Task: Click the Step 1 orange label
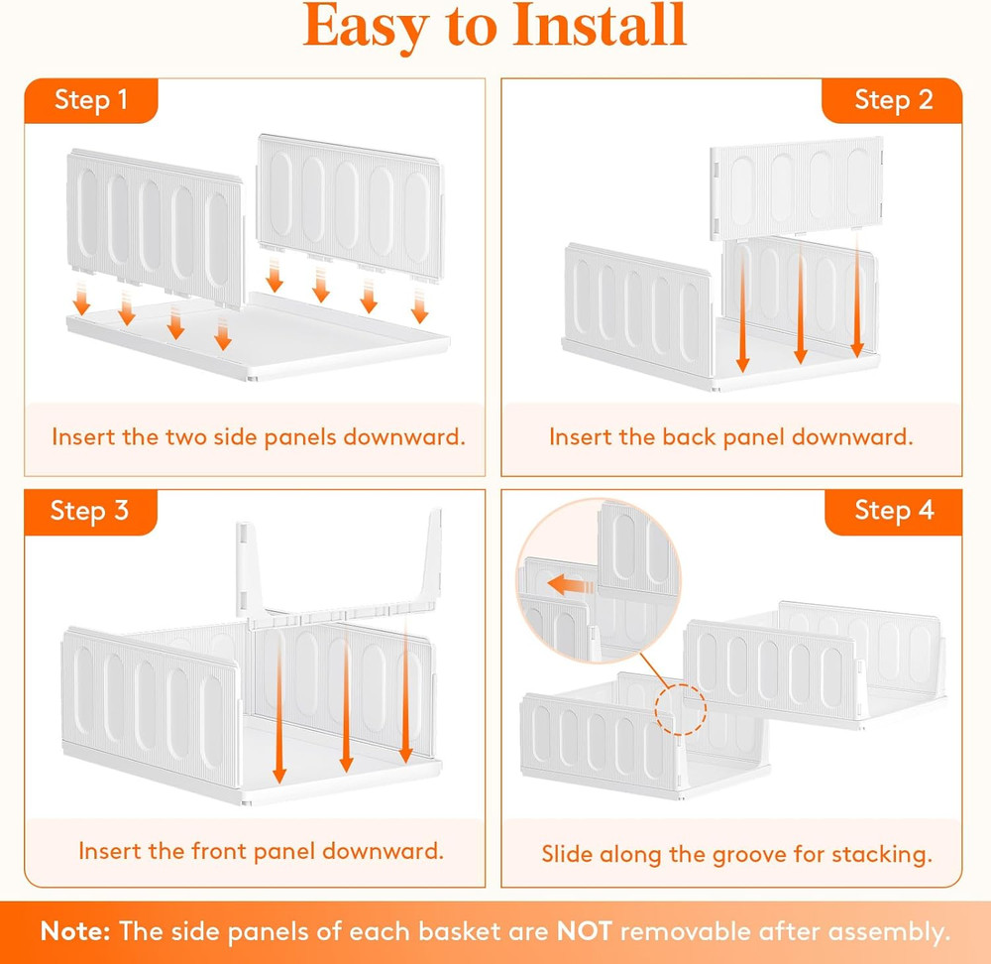coord(90,100)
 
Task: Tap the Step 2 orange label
coord(893,100)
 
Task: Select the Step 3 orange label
coord(90,511)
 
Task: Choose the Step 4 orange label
coord(893,511)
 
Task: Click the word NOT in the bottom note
coord(584,931)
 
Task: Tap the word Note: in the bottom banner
coord(75,931)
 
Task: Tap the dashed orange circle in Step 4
coord(677,707)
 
